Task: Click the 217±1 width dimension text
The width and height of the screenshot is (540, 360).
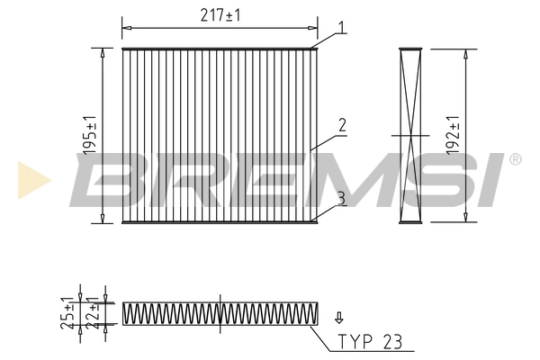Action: tap(219, 15)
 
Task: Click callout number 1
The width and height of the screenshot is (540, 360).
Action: tap(342, 28)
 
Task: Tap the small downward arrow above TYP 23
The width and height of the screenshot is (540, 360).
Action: tap(339, 317)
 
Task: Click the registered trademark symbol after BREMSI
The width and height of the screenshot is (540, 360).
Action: tap(515, 160)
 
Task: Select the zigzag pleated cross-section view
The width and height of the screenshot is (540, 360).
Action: tap(219, 313)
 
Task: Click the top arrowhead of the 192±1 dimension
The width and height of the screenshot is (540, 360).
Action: tap(465, 53)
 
